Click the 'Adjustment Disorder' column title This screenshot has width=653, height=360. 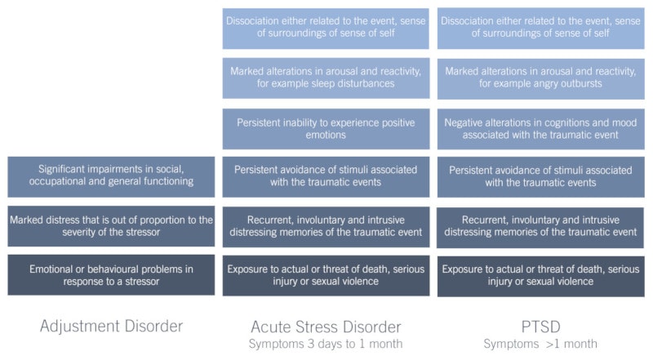click(111, 326)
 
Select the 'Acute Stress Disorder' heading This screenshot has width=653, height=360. click(326, 326)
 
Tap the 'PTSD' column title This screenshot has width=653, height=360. click(540, 326)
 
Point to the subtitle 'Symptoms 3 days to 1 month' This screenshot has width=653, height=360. click(326, 344)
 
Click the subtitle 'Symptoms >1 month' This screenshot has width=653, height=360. click(540, 344)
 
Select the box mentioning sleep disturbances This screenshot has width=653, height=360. click(326, 78)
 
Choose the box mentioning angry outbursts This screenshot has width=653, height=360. click(540, 78)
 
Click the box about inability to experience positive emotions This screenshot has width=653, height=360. click(326, 128)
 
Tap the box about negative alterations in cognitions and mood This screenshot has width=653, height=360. click(540, 128)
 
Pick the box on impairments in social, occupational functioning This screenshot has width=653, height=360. click(111, 176)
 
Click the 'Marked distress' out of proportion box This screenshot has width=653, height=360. click(111, 226)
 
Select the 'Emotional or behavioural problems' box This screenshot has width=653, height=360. click(111, 275)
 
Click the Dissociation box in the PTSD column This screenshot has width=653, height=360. click(540, 28)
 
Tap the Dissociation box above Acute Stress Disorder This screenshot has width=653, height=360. click(326, 28)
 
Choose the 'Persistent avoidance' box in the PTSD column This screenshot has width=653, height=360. click(540, 176)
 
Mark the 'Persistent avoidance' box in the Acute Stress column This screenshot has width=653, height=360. click(326, 176)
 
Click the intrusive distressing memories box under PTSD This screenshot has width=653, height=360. click(540, 226)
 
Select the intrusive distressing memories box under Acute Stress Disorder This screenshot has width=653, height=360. click(326, 226)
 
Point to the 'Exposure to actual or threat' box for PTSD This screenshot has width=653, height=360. click(540, 275)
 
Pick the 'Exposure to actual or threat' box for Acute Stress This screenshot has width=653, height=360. click(326, 275)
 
